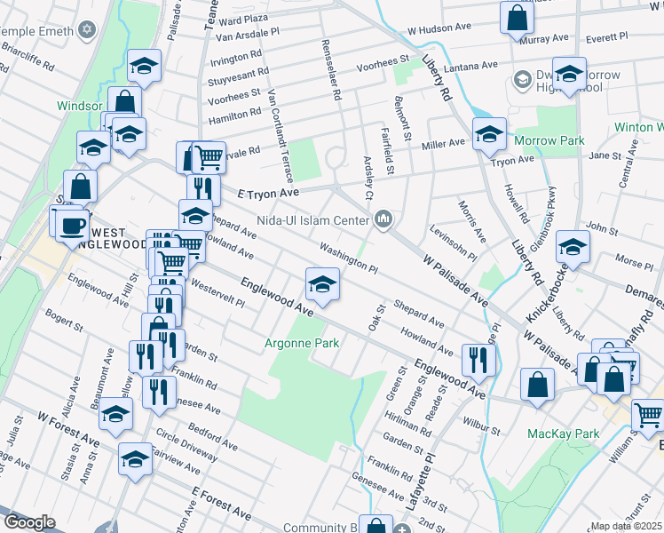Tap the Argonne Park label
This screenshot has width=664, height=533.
pyautogui.click(x=297, y=343)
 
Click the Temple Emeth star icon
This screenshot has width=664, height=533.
pyautogui.click(x=86, y=31)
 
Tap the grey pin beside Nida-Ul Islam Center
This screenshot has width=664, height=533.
pyautogui.click(x=383, y=219)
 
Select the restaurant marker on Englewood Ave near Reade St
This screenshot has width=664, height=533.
pyautogui.click(x=478, y=360)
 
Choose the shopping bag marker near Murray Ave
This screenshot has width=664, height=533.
pyautogui.click(x=516, y=17)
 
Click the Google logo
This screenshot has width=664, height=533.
pyautogui.click(x=29, y=522)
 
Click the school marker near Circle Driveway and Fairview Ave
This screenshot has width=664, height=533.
pyautogui.click(x=135, y=460)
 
